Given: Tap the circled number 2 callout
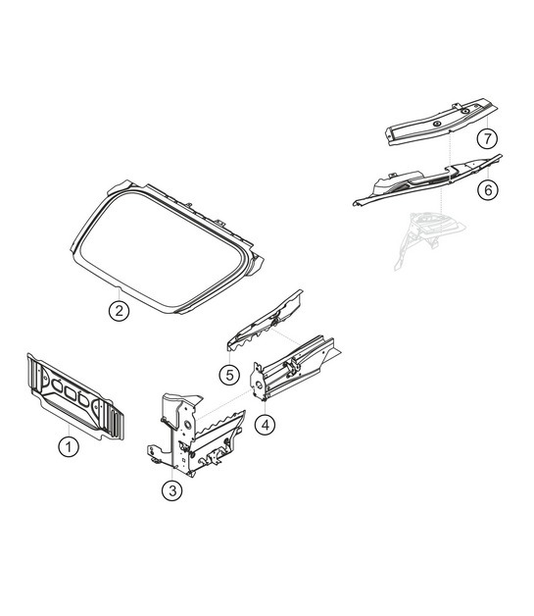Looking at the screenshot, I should (x=118, y=312).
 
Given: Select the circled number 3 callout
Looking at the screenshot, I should (x=172, y=491).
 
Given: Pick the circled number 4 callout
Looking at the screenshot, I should (x=263, y=424).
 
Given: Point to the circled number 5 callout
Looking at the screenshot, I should (x=227, y=374).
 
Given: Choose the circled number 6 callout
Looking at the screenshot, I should (x=487, y=189).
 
